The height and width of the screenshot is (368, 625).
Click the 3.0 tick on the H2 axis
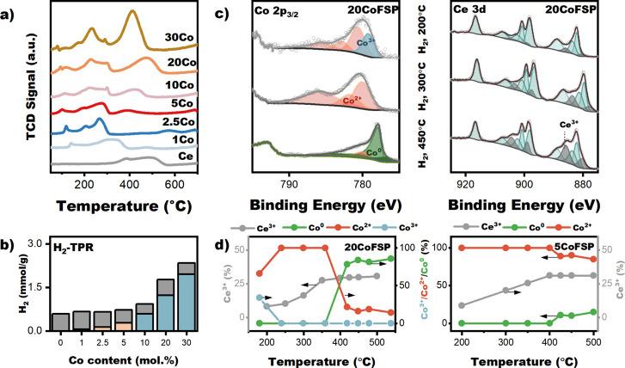37,246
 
